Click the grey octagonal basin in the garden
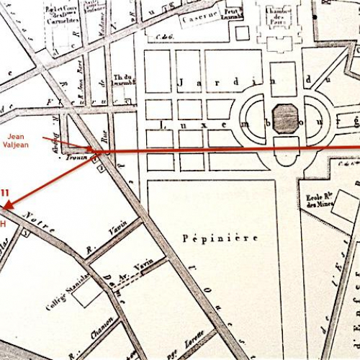286,117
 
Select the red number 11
5,192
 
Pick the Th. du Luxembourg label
125,80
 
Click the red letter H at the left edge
3,225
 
